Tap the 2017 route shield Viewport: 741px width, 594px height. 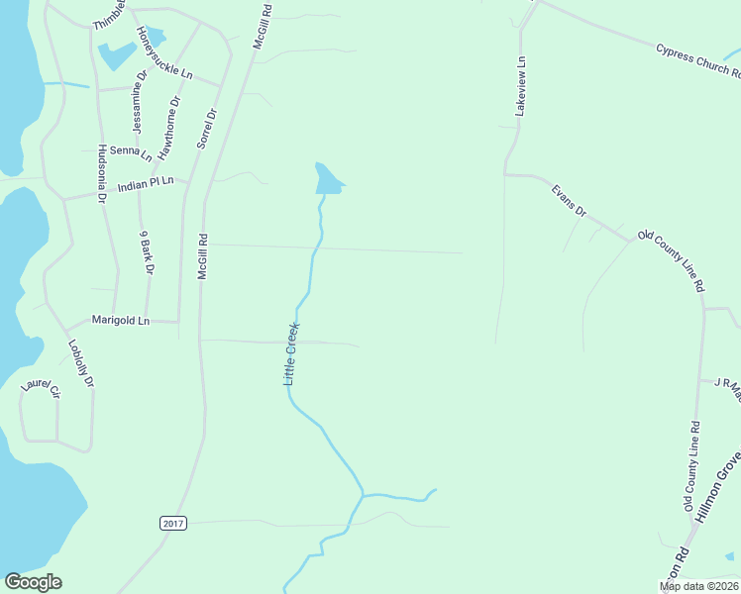point(171,523)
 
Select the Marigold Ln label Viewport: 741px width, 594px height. point(120,321)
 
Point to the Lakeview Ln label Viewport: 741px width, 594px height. point(520,87)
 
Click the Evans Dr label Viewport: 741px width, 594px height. point(569,199)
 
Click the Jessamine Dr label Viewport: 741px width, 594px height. point(140,102)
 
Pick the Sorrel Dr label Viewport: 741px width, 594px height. point(205,127)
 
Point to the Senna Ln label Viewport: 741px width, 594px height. point(131,152)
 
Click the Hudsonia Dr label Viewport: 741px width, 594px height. point(101,174)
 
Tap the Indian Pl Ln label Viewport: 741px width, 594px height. point(146,184)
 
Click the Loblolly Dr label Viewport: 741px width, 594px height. point(80,364)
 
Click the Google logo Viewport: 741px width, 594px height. point(33,582)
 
